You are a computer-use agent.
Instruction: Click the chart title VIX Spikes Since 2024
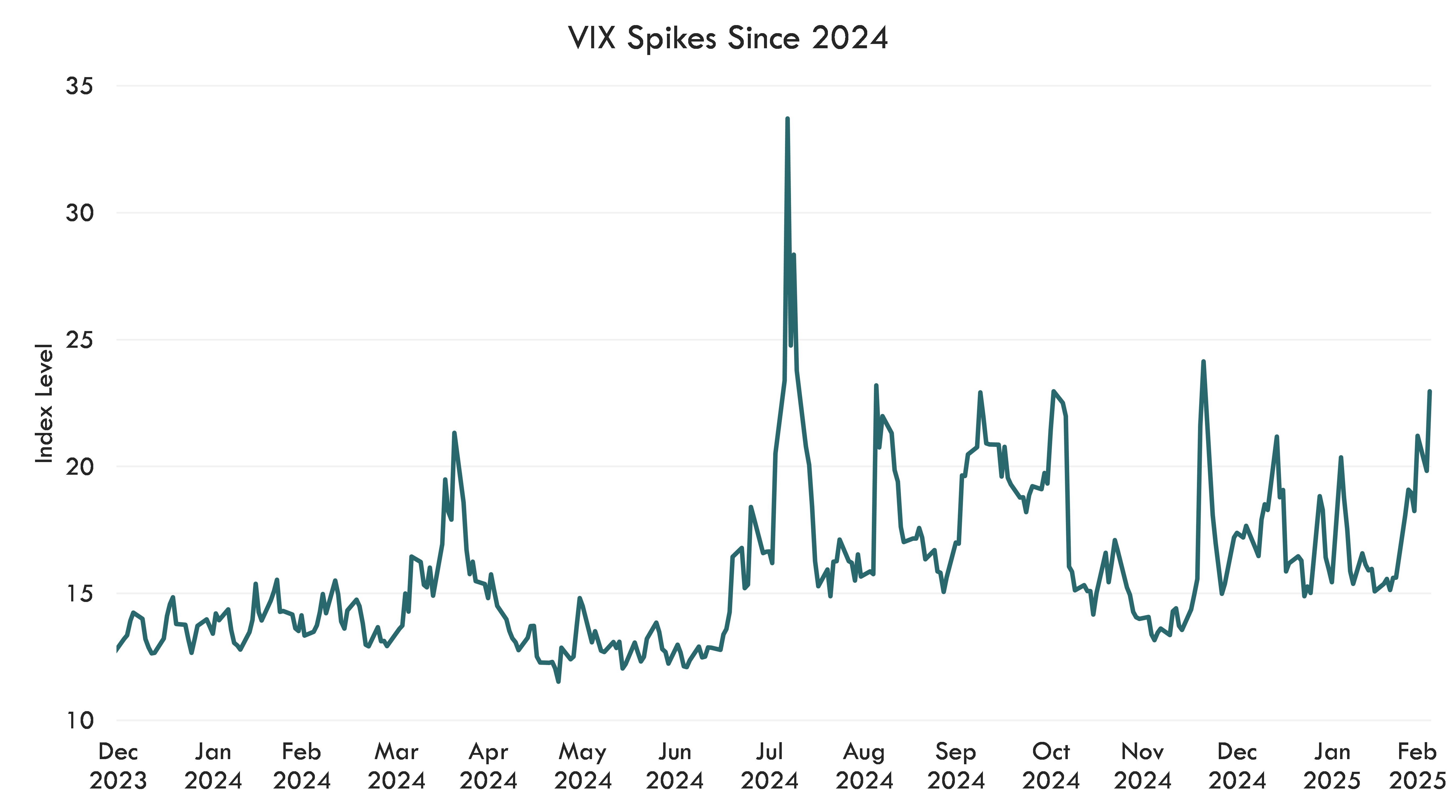click(x=728, y=39)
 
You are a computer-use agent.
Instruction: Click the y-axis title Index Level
click(x=44, y=403)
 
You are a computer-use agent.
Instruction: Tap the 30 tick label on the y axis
click(x=79, y=213)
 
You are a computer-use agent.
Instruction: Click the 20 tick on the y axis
click(x=79, y=467)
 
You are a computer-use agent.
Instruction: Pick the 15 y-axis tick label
click(x=79, y=594)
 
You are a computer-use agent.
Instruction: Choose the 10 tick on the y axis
click(x=79, y=721)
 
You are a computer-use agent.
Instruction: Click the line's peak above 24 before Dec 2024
click(x=1203, y=361)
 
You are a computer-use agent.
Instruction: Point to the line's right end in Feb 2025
click(x=1429, y=391)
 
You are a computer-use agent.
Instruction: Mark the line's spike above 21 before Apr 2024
click(x=454, y=433)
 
